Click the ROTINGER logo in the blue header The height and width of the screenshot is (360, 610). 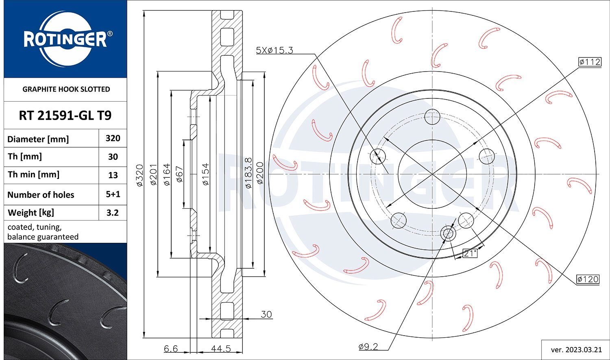(x=65, y=39)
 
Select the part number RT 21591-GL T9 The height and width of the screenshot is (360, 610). (x=65, y=116)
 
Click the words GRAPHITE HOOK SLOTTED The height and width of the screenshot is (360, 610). (x=66, y=89)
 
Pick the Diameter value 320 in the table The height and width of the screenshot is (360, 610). (x=113, y=138)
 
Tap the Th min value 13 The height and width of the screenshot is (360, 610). (x=113, y=175)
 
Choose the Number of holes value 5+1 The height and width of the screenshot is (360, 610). (x=113, y=194)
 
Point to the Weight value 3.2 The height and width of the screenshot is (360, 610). (x=113, y=212)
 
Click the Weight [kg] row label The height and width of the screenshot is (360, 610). (x=31, y=212)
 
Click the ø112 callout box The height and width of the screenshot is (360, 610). (x=589, y=62)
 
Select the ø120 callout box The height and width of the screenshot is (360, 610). (x=588, y=279)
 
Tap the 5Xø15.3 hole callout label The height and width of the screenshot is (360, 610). (x=274, y=50)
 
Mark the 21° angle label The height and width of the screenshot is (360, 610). (x=470, y=253)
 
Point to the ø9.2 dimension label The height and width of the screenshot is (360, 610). (x=368, y=347)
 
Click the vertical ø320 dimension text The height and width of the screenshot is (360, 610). (x=139, y=175)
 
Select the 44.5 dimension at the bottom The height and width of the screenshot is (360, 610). (x=221, y=349)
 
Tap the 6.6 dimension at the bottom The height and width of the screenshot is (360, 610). (x=171, y=349)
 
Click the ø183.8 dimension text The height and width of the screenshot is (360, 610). (x=248, y=173)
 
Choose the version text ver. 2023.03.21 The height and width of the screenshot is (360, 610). (x=576, y=349)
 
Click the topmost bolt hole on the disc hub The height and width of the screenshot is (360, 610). (x=432, y=117)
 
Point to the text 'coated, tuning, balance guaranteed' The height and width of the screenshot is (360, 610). (x=43, y=232)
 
